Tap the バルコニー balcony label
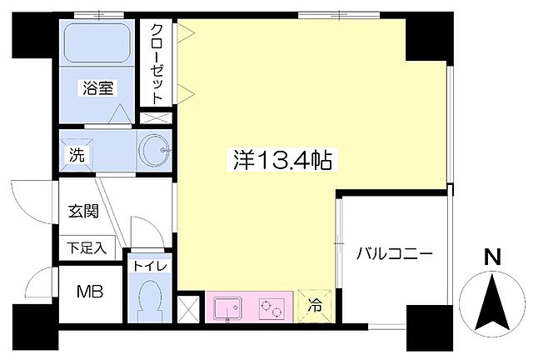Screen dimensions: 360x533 tap(396, 253)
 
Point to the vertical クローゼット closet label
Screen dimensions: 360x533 tap(157, 63)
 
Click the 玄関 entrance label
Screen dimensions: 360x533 tap(83, 211)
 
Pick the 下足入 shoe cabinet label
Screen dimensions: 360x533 tap(87, 247)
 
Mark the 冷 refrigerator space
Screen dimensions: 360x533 tap(316, 306)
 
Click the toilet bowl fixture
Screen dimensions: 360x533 tap(150, 297)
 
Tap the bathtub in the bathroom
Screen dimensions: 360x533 tap(97, 46)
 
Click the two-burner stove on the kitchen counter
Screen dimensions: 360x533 tap(271, 308)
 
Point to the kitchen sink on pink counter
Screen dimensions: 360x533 tap(227, 308)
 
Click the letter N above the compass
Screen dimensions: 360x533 tap(493, 257)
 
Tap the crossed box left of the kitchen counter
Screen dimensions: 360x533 tap(190, 307)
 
